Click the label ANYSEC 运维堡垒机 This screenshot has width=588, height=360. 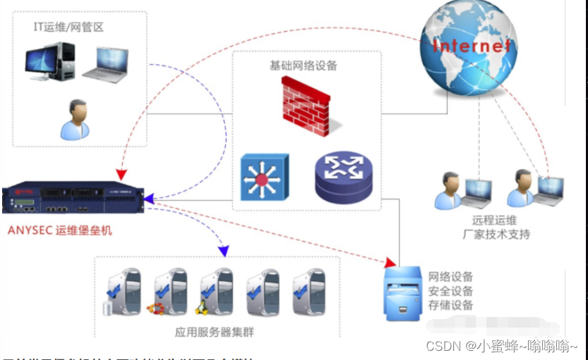click(x=60, y=230)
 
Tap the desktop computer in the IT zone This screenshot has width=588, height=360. click(x=51, y=63)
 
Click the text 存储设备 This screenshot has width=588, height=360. click(x=451, y=305)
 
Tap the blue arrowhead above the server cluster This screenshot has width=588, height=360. click(x=223, y=250)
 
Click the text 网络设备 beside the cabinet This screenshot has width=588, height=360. click(x=451, y=276)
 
